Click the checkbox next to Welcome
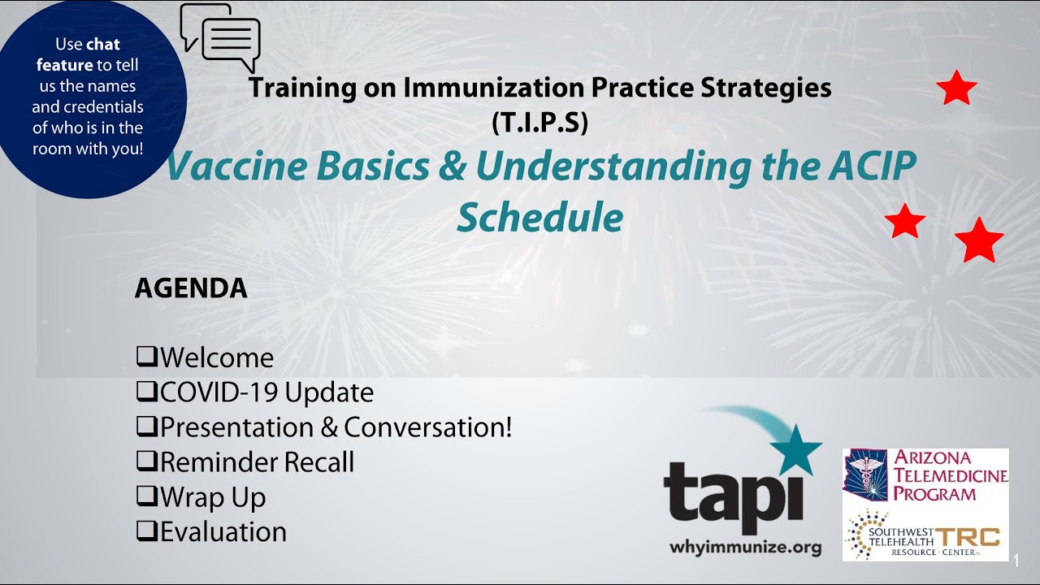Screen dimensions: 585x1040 click(x=146, y=357)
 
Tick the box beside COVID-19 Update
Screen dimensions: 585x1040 click(x=146, y=392)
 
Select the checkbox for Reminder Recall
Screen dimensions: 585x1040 click(x=146, y=461)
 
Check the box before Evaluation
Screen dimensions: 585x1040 click(x=146, y=531)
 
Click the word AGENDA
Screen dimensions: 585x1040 click(x=191, y=288)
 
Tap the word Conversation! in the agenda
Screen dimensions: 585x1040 click(x=428, y=427)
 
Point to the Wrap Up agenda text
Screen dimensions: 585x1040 click(x=213, y=496)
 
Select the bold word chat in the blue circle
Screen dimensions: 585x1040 click(x=103, y=44)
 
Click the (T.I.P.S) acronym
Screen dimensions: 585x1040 click(x=539, y=122)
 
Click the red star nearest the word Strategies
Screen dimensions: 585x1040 click(x=956, y=89)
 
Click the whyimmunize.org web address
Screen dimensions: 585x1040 click(x=745, y=548)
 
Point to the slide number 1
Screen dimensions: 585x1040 click(x=1016, y=561)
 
